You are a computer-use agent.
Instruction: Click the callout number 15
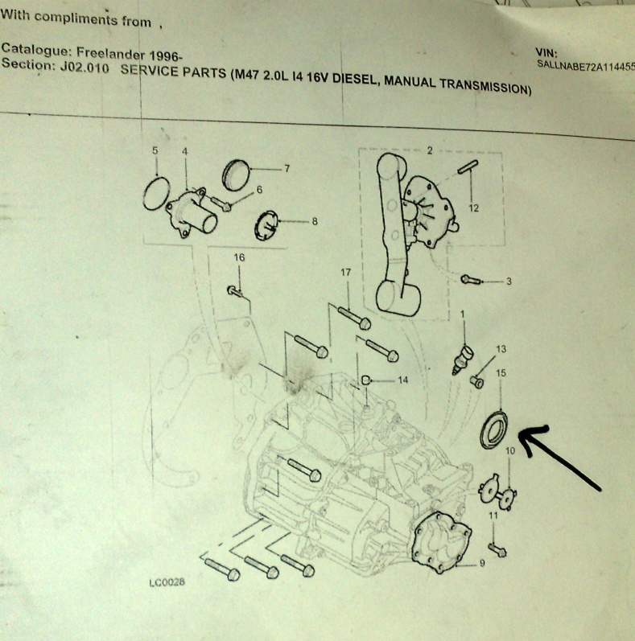pyautogui.click(x=501, y=373)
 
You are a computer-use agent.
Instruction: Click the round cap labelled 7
pyautogui.click(x=236, y=175)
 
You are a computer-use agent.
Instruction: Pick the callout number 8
pyautogui.click(x=314, y=221)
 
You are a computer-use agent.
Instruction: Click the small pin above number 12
pyautogui.click(x=468, y=166)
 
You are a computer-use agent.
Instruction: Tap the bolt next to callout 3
pyautogui.click(x=471, y=280)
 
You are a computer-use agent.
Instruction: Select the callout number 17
pyautogui.click(x=346, y=273)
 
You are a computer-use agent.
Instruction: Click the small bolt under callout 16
pyautogui.click(x=234, y=291)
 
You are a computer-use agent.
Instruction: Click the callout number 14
pyautogui.click(x=403, y=380)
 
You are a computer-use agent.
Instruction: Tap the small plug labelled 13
pyautogui.click(x=476, y=382)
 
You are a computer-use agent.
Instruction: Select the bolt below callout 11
pyautogui.click(x=497, y=550)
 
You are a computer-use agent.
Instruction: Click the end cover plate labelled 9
pyautogui.click(x=442, y=541)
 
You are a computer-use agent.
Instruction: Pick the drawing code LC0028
pyautogui.click(x=167, y=581)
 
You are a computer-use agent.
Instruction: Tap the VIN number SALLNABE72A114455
pyautogui.click(x=586, y=65)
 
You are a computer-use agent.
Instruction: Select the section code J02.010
pyautogui.click(x=85, y=68)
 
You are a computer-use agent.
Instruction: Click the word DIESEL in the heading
pyautogui.click(x=354, y=79)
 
